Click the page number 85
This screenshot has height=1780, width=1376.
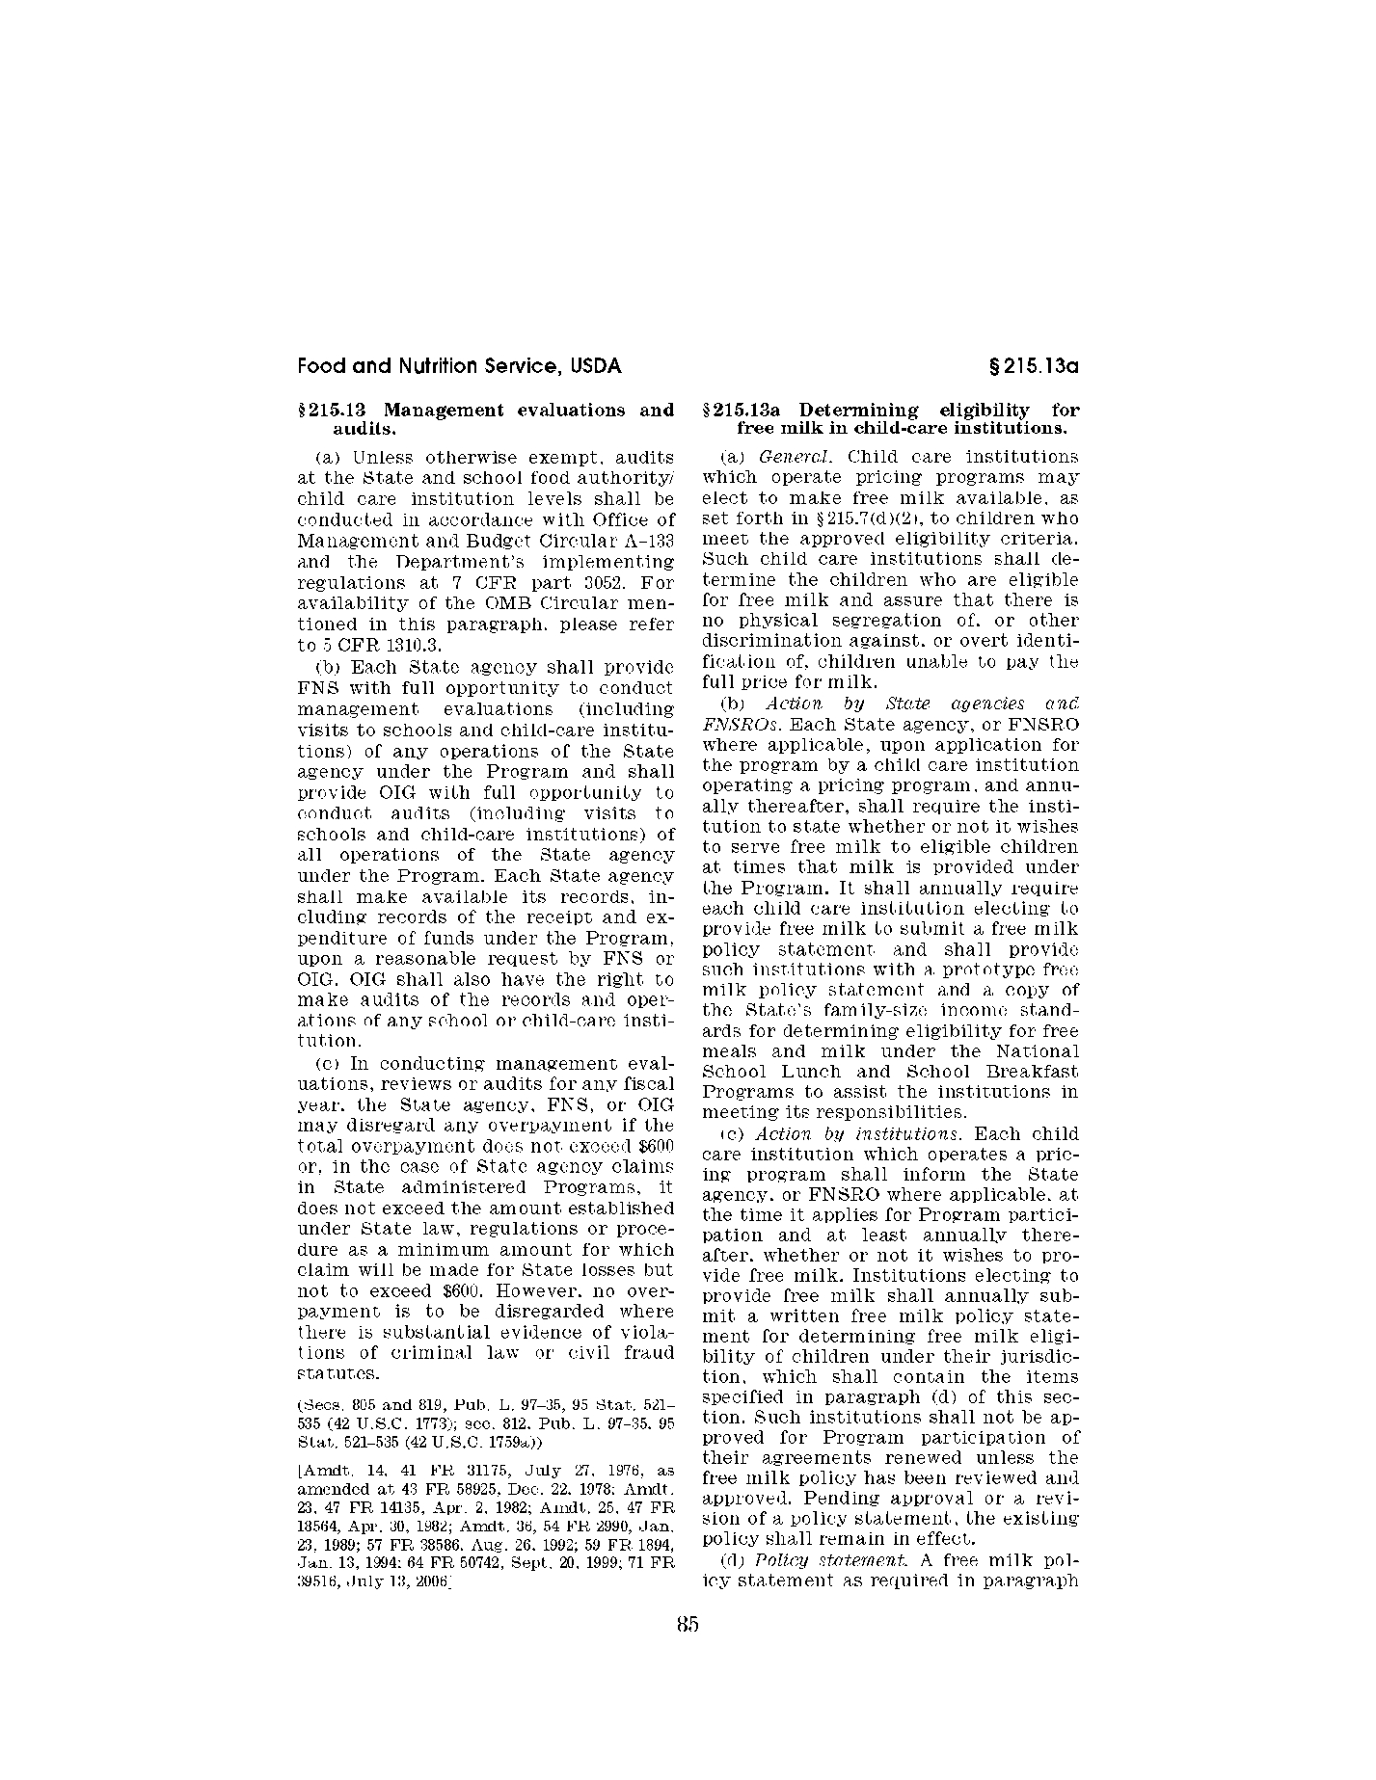click(x=688, y=1624)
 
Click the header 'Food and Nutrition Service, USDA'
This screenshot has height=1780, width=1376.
click(x=459, y=367)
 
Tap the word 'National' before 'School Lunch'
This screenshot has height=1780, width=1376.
click(x=1038, y=1051)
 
